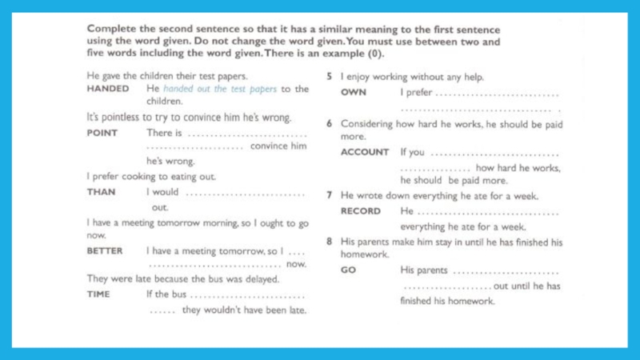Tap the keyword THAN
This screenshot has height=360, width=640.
101,192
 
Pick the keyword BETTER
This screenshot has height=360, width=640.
105,250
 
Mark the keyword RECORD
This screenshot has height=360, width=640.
361,211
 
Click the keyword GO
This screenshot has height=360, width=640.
348,270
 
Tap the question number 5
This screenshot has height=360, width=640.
330,77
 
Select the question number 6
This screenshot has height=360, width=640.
330,124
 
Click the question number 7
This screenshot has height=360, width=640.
330,195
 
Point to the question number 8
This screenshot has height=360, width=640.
330,241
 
